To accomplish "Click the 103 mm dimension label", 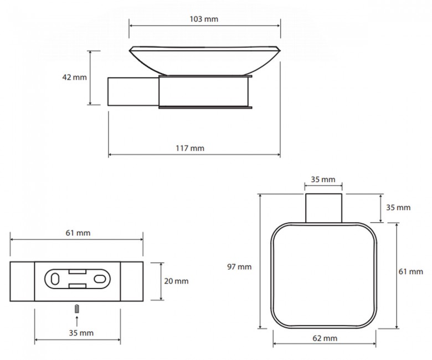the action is pyautogui.click(x=204, y=19).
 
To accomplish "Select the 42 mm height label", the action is pyautogui.click(x=74, y=78).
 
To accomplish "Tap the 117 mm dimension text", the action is pyautogui.click(x=190, y=148).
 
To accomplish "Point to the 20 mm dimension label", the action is pyautogui.click(x=176, y=281).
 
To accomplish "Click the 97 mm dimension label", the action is pyautogui.click(x=239, y=267).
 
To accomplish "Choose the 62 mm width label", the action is pyautogui.click(x=325, y=338).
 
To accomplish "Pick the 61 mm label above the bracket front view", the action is pyautogui.click(x=78, y=233).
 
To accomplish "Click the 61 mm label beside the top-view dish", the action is pyautogui.click(x=411, y=272).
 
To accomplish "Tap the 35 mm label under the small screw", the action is pyautogui.click(x=81, y=333).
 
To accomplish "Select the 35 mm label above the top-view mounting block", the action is pyautogui.click(x=323, y=179).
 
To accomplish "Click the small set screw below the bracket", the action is pyautogui.click(x=77, y=308).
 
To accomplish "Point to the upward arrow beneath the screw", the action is pyautogui.click(x=77, y=321).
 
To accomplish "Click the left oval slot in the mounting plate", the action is pyautogui.click(x=55, y=279).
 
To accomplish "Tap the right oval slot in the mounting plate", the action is pyautogui.click(x=100, y=279).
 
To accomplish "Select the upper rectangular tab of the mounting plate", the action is pyautogui.click(x=78, y=271).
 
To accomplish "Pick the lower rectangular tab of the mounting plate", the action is pyautogui.click(x=78, y=286).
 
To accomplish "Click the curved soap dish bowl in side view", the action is pyautogui.click(x=205, y=61).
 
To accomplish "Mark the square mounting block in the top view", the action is pyautogui.click(x=324, y=208).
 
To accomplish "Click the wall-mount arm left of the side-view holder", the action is pyautogui.click(x=133, y=91).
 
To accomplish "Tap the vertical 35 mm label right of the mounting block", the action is pyautogui.click(x=398, y=208).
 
